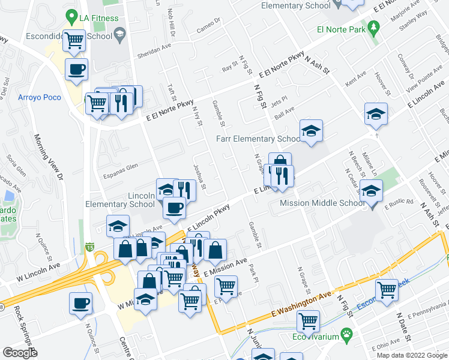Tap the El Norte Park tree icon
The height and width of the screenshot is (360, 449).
click(374, 28)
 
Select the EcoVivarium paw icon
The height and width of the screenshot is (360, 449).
click(346, 333)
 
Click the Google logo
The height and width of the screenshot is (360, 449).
click(20, 352)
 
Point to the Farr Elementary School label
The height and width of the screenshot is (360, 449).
click(258, 139)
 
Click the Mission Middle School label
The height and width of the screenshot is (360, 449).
click(322, 203)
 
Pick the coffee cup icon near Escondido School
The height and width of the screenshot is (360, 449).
click(76, 70)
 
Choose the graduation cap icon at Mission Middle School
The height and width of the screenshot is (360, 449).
click(371, 191)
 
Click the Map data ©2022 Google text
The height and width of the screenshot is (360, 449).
click(411, 355)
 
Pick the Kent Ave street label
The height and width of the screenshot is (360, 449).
click(355, 76)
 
